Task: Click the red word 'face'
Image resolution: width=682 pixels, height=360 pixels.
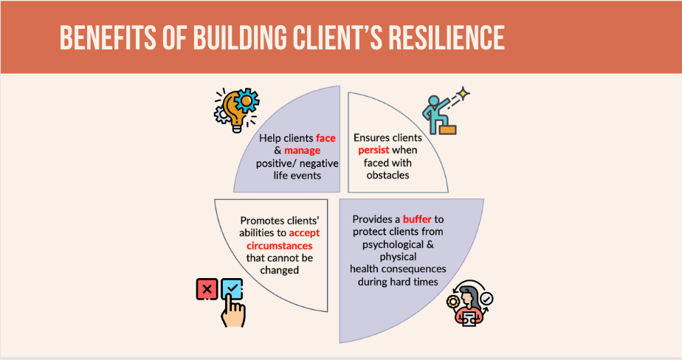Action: point(325,138)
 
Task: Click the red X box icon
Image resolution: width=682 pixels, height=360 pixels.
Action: point(207,288)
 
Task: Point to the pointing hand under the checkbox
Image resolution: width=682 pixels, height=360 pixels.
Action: point(232,312)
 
